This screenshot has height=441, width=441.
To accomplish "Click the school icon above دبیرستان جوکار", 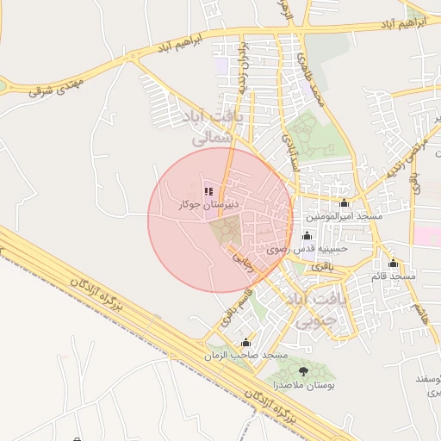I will pyautogui.click(x=208, y=191).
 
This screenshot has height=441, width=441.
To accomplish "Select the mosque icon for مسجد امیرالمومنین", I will pyautogui.click(x=345, y=204).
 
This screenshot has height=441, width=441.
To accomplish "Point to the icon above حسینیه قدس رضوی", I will pyautogui.click(x=307, y=235).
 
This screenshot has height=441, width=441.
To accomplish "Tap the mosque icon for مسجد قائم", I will pyautogui.click(x=394, y=264).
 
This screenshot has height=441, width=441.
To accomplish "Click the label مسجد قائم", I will pyautogui.click(x=393, y=276).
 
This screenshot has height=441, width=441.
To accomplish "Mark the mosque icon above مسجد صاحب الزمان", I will pyautogui.click(x=246, y=342).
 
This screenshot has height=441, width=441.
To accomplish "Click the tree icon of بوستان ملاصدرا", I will pyautogui.click(x=302, y=370).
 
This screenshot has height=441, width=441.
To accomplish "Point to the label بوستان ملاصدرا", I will pyautogui.click(x=301, y=386).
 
